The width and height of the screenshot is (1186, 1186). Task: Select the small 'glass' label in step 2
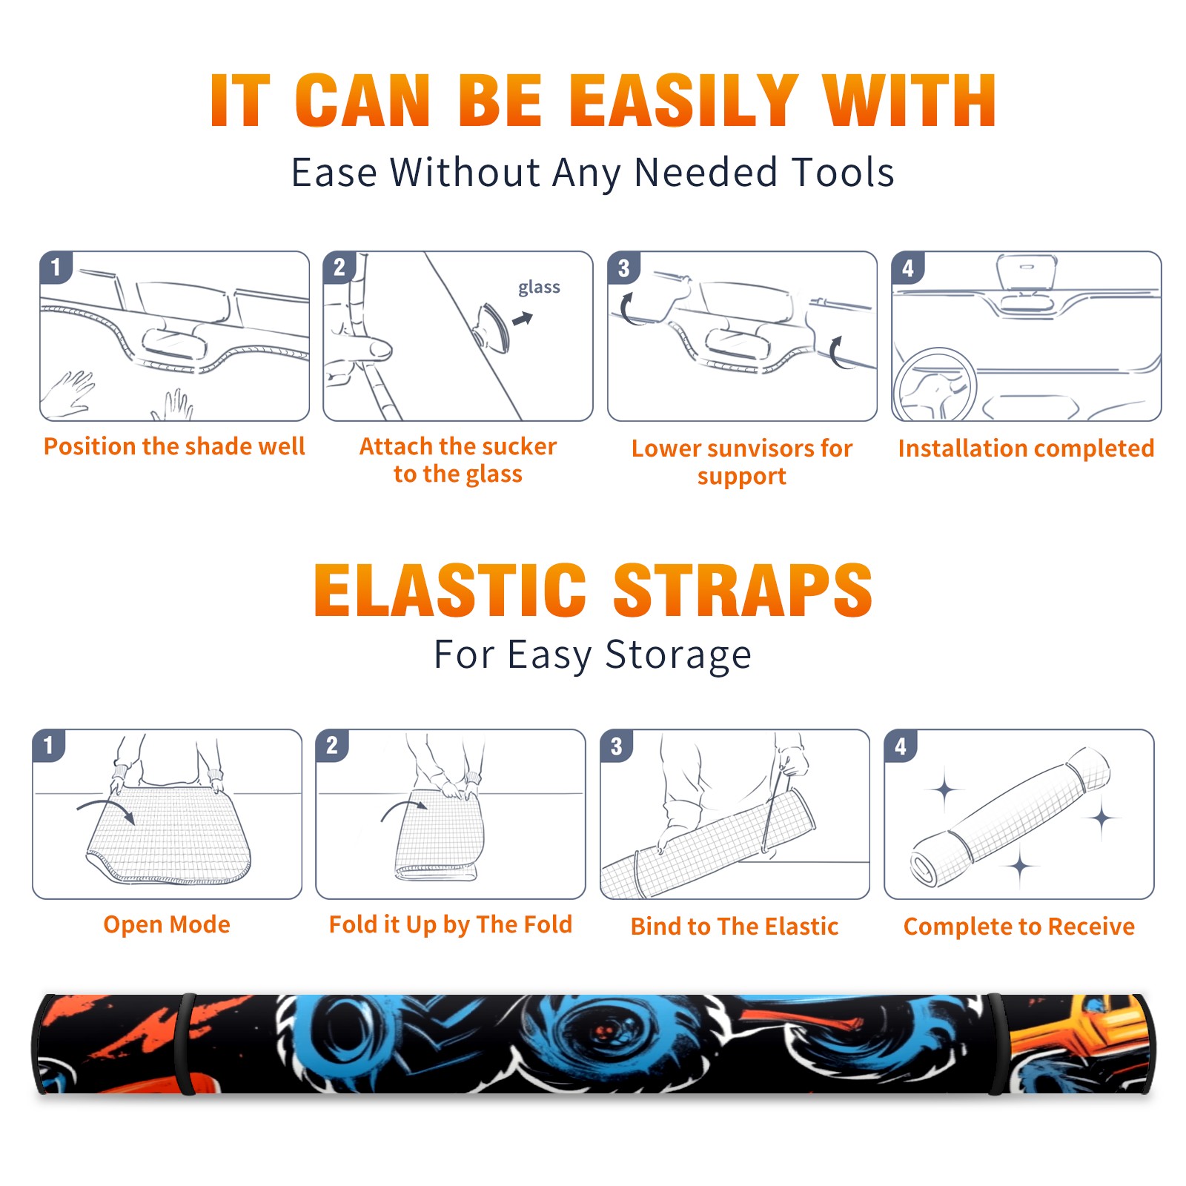coord(539,287)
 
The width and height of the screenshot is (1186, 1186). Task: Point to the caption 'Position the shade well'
coord(174,446)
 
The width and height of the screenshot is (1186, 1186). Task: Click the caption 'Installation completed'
coord(1026,448)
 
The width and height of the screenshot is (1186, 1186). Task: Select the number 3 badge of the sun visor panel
coord(623,268)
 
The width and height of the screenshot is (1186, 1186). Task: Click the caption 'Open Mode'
coord(167,924)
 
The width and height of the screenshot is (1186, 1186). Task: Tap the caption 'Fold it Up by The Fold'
coord(451,924)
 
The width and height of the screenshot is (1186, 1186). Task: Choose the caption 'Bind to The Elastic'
coord(735,927)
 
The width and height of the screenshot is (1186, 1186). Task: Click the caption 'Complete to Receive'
coord(1019,927)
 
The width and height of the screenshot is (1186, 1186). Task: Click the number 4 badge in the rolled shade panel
coord(901,746)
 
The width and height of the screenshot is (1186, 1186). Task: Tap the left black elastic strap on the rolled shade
coord(185,1044)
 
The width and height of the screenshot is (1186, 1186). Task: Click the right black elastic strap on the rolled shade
coord(997,1044)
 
